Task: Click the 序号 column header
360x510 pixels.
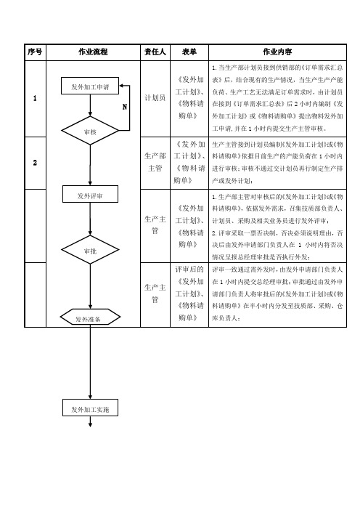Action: click(x=35, y=52)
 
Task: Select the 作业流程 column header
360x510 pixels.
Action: click(x=93, y=52)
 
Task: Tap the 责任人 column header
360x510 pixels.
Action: click(x=155, y=52)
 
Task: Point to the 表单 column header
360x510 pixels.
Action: click(x=189, y=52)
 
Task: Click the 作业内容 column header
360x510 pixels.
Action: click(x=277, y=52)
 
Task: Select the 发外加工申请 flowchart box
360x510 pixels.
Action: click(x=90, y=86)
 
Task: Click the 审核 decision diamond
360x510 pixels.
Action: click(x=90, y=131)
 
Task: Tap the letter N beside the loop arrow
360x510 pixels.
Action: click(x=124, y=107)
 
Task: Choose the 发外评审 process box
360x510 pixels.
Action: click(x=90, y=194)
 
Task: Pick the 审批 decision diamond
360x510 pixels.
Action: click(x=90, y=250)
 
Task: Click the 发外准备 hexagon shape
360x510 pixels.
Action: click(x=90, y=317)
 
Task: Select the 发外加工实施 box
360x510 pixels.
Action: click(x=90, y=408)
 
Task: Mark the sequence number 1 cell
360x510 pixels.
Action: click(x=35, y=98)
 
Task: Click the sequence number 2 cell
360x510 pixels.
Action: click(x=35, y=163)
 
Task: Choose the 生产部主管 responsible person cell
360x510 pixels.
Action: click(x=155, y=162)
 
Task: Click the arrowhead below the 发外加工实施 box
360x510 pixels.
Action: click(x=90, y=425)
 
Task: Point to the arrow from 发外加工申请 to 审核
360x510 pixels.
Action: click(x=90, y=105)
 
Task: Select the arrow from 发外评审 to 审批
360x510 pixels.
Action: click(x=90, y=219)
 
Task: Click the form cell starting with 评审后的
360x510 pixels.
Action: click(x=189, y=294)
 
